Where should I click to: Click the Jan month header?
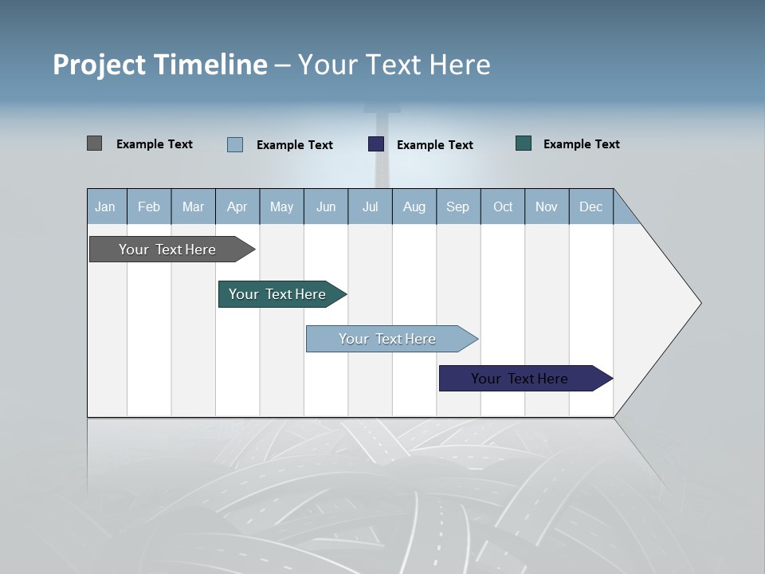click(106, 206)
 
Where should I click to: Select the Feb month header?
click(149, 206)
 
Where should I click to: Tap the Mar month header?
click(193, 206)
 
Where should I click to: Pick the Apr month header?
click(237, 206)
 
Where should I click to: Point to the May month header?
click(281, 206)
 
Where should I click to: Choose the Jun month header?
click(326, 206)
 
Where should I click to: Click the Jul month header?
click(370, 206)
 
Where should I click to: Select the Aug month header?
click(414, 206)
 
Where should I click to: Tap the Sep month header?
click(458, 206)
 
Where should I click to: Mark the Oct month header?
click(503, 206)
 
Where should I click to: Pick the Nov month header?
click(547, 206)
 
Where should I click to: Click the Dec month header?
click(591, 206)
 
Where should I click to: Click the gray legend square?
click(94, 143)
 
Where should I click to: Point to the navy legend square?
click(376, 144)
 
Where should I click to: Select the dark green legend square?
click(524, 143)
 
